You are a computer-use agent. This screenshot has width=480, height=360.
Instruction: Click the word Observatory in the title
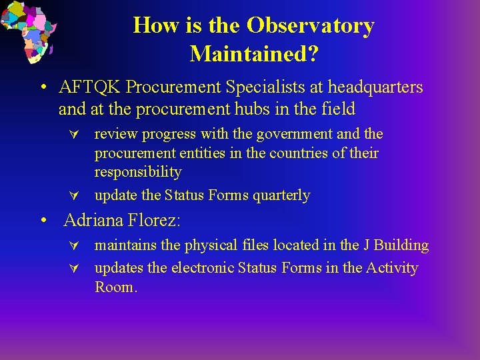[x=311, y=25]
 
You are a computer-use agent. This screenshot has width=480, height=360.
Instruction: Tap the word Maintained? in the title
[x=255, y=54]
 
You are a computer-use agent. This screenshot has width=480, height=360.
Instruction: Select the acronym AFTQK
[x=89, y=87]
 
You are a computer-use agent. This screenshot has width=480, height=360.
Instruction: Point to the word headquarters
[x=375, y=87]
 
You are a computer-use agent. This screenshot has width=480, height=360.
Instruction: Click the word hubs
[x=252, y=109]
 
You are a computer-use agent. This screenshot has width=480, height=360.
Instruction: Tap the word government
[x=295, y=135]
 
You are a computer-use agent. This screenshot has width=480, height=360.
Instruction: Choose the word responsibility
[x=138, y=172]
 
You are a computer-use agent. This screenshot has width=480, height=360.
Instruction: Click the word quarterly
[x=281, y=195]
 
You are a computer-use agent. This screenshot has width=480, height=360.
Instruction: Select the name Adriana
[x=93, y=220]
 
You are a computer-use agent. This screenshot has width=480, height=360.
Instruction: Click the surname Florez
[x=154, y=220]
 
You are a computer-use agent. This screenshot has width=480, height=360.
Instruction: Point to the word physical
[x=211, y=245]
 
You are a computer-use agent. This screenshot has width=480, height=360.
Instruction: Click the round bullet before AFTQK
[x=44, y=87]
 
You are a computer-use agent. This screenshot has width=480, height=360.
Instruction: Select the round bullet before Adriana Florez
[x=44, y=220]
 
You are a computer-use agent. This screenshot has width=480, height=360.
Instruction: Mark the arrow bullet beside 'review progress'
[x=74, y=135]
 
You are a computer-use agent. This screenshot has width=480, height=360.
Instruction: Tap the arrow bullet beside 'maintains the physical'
[x=74, y=245]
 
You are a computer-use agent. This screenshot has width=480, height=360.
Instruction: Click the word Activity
[x=392, y=268]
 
